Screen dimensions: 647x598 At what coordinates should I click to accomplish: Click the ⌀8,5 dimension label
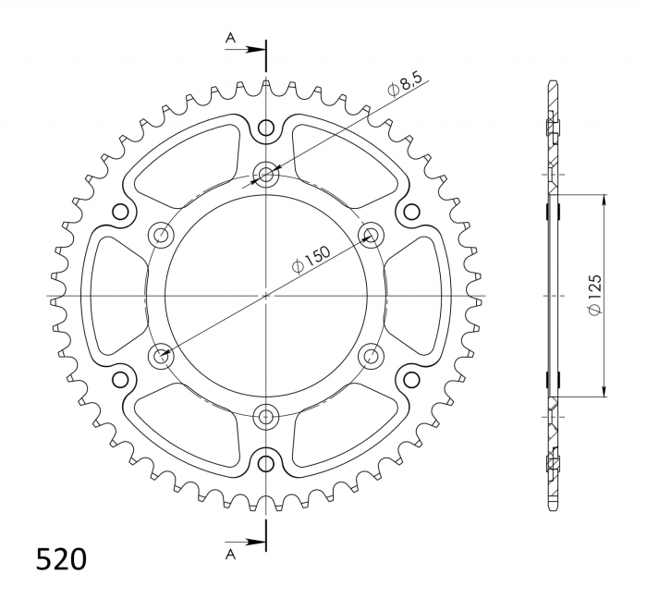(x=405, y=85)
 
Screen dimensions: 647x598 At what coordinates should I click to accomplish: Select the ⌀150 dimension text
(x=311, y=260)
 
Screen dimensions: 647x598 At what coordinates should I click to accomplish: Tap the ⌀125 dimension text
(x=595, y=295)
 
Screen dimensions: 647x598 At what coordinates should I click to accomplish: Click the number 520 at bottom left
(x=62, y=560)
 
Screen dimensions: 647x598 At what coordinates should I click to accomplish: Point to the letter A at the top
(x=230, y=38)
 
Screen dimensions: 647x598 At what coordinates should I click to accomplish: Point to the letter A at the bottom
(x=230, y=555)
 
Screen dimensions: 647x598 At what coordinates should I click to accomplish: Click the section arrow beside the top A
(x=245, y=50)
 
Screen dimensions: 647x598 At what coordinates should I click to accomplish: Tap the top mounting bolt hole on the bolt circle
(x=266, y=174)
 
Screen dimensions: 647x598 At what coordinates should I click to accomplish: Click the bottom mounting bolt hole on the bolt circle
(x=266, y=417)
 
